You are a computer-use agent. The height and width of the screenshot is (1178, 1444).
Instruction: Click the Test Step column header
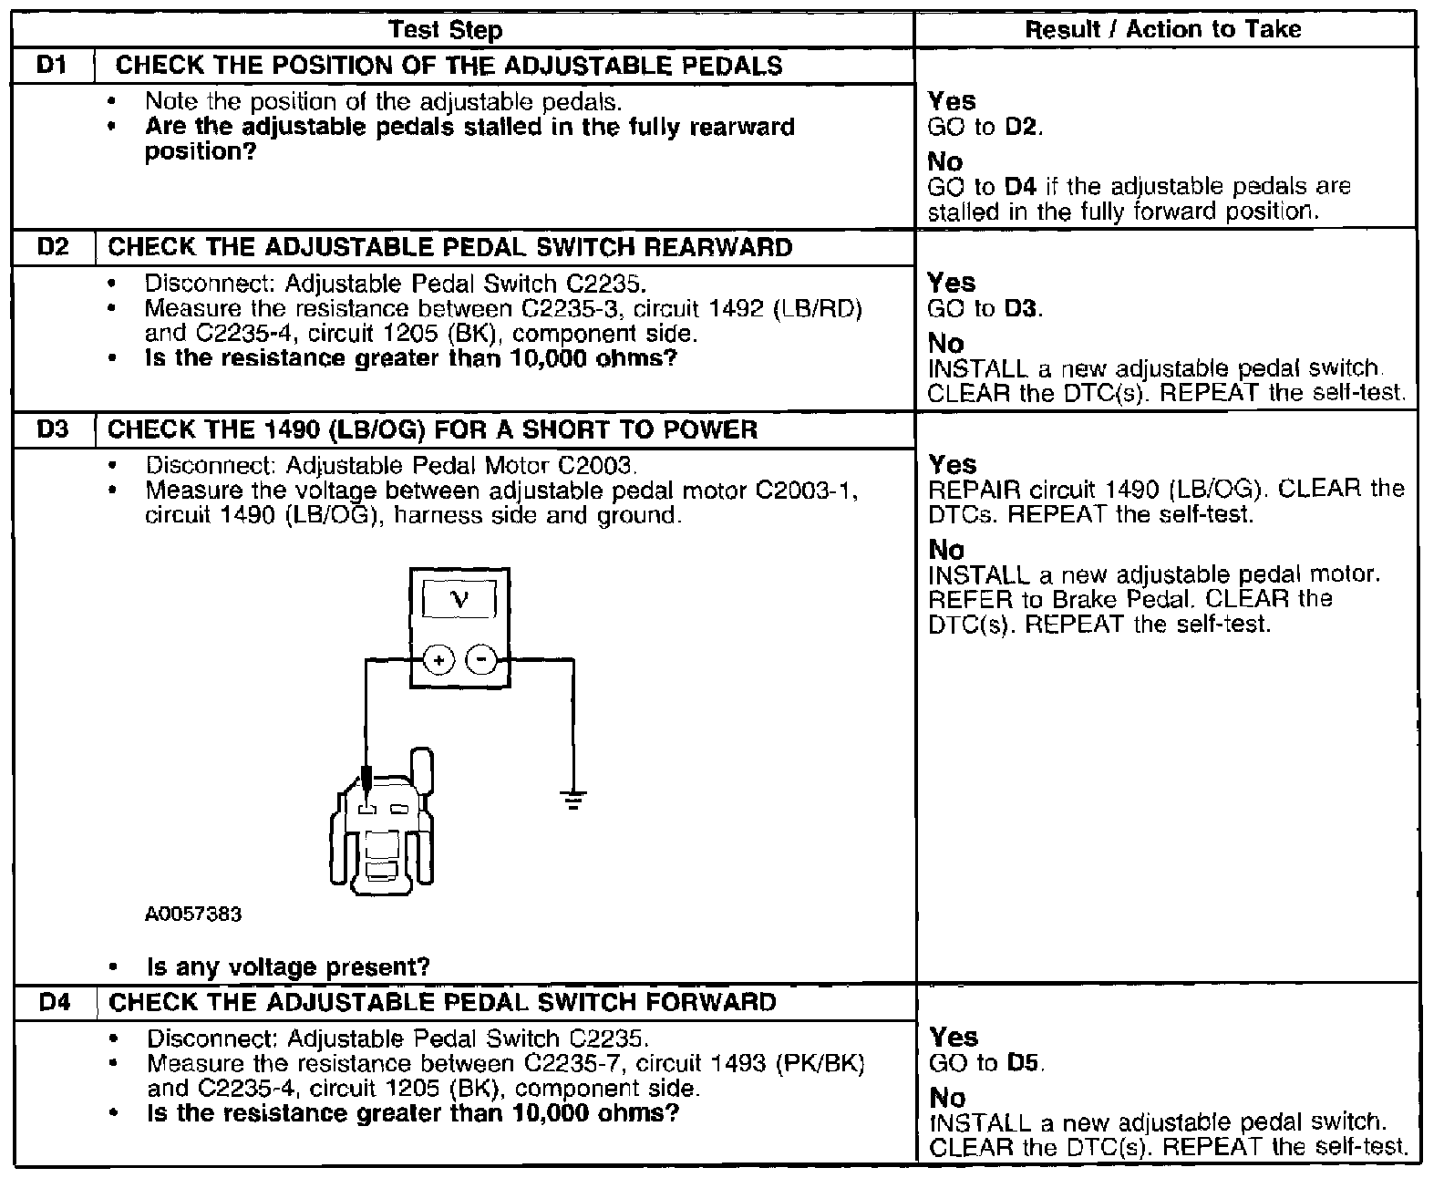tap(445, 30)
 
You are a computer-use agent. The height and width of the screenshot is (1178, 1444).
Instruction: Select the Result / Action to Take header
tap(1163, 29)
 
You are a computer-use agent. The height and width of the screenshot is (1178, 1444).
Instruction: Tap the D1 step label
tap(53, 66)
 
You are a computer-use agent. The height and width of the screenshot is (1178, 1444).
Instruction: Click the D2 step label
tap(53, 247)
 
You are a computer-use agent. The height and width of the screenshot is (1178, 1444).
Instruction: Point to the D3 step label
tap(53, 429)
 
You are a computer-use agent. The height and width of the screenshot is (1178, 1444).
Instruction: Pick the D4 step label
tap(55, 1003)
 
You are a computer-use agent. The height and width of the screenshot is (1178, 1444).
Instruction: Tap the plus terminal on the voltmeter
tap(439, 659)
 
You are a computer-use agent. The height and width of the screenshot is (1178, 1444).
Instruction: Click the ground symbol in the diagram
tap(572, 801)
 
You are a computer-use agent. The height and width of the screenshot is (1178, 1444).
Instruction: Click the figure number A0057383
tap(192, 914)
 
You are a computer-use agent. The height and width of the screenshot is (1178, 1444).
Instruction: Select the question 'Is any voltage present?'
tap(288, 966)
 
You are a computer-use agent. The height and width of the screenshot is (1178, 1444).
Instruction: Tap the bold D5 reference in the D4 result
tap(1025, 1063)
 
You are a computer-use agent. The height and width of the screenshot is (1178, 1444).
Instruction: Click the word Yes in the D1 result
tap(951, 101)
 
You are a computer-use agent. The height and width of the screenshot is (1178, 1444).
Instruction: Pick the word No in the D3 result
tap(946, 550)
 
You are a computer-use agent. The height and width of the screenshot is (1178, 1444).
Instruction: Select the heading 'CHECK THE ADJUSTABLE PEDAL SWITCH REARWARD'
tap(450, 247)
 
